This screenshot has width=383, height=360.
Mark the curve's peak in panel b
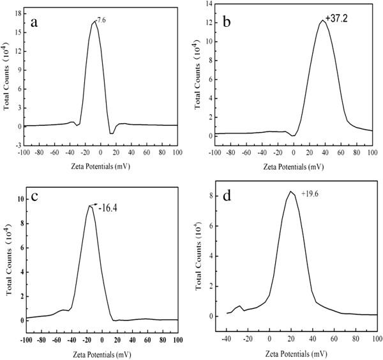tap(322, 20)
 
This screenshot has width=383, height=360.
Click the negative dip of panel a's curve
tap(112, 133)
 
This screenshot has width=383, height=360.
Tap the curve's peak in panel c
tap(90, 206)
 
